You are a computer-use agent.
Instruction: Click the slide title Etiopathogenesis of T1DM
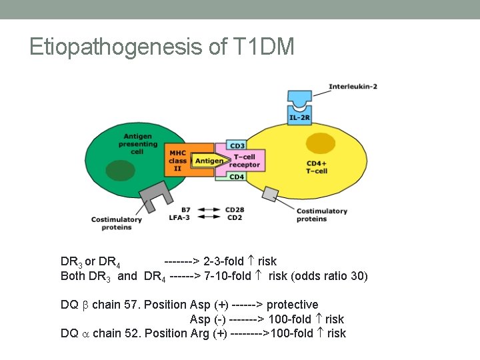161,47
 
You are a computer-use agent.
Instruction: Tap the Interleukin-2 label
353,87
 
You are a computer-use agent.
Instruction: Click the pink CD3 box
237,145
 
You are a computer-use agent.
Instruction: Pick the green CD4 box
237,177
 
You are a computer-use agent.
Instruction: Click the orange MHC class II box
179,160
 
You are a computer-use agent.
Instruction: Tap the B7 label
185,209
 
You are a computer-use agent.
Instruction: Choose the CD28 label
235,209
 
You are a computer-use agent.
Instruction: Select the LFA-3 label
180,217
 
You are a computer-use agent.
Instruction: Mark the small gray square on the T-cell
270,194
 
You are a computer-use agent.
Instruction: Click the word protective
292,305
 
